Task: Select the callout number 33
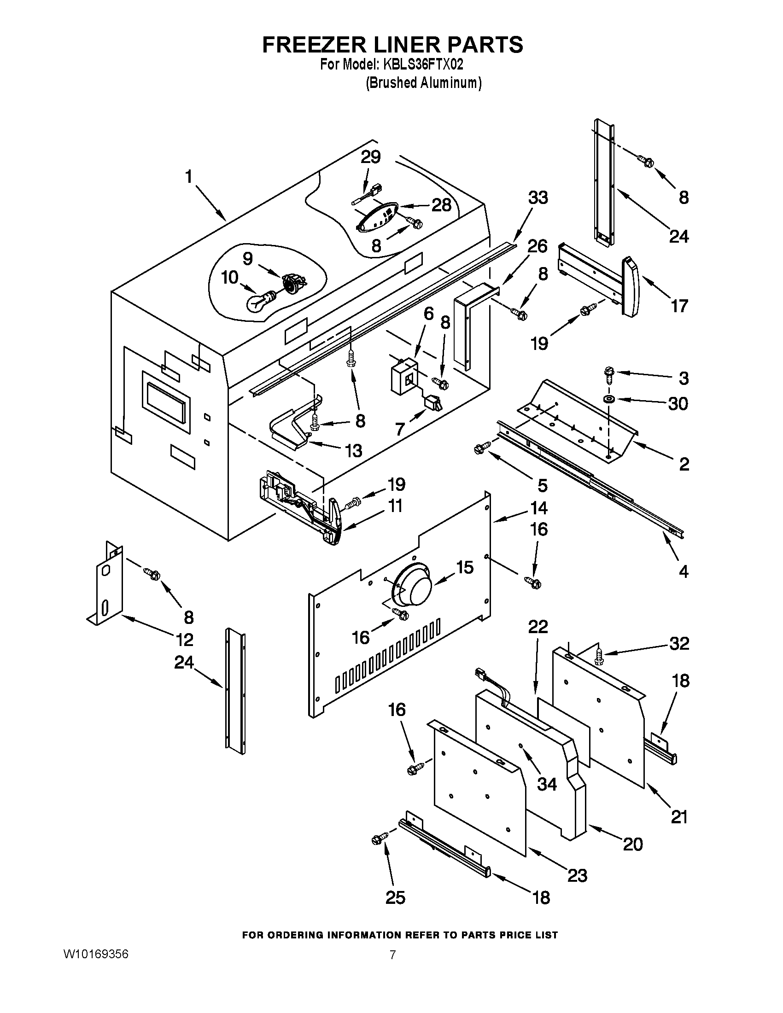538,197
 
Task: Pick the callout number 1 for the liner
188,176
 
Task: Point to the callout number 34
546,783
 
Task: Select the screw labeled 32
599,656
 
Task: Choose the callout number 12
185,640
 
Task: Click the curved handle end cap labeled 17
631,287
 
